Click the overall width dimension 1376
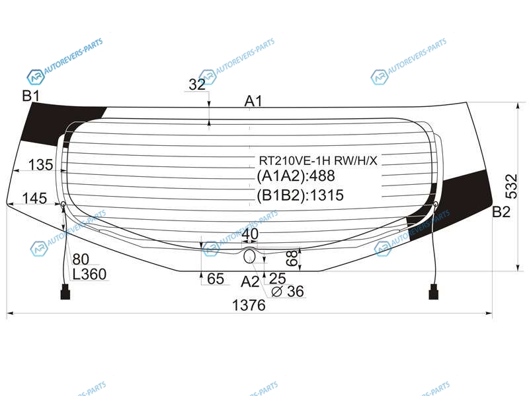(249, 306)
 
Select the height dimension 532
(511, 186)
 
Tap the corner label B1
(30, 96)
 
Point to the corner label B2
(501, 212)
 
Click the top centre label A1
(253, 101)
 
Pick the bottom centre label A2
(250, 282)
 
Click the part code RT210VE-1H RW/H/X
(318, 160)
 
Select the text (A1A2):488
(296, 176)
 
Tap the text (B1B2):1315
(300, 195)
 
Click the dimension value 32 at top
(197, 84)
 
